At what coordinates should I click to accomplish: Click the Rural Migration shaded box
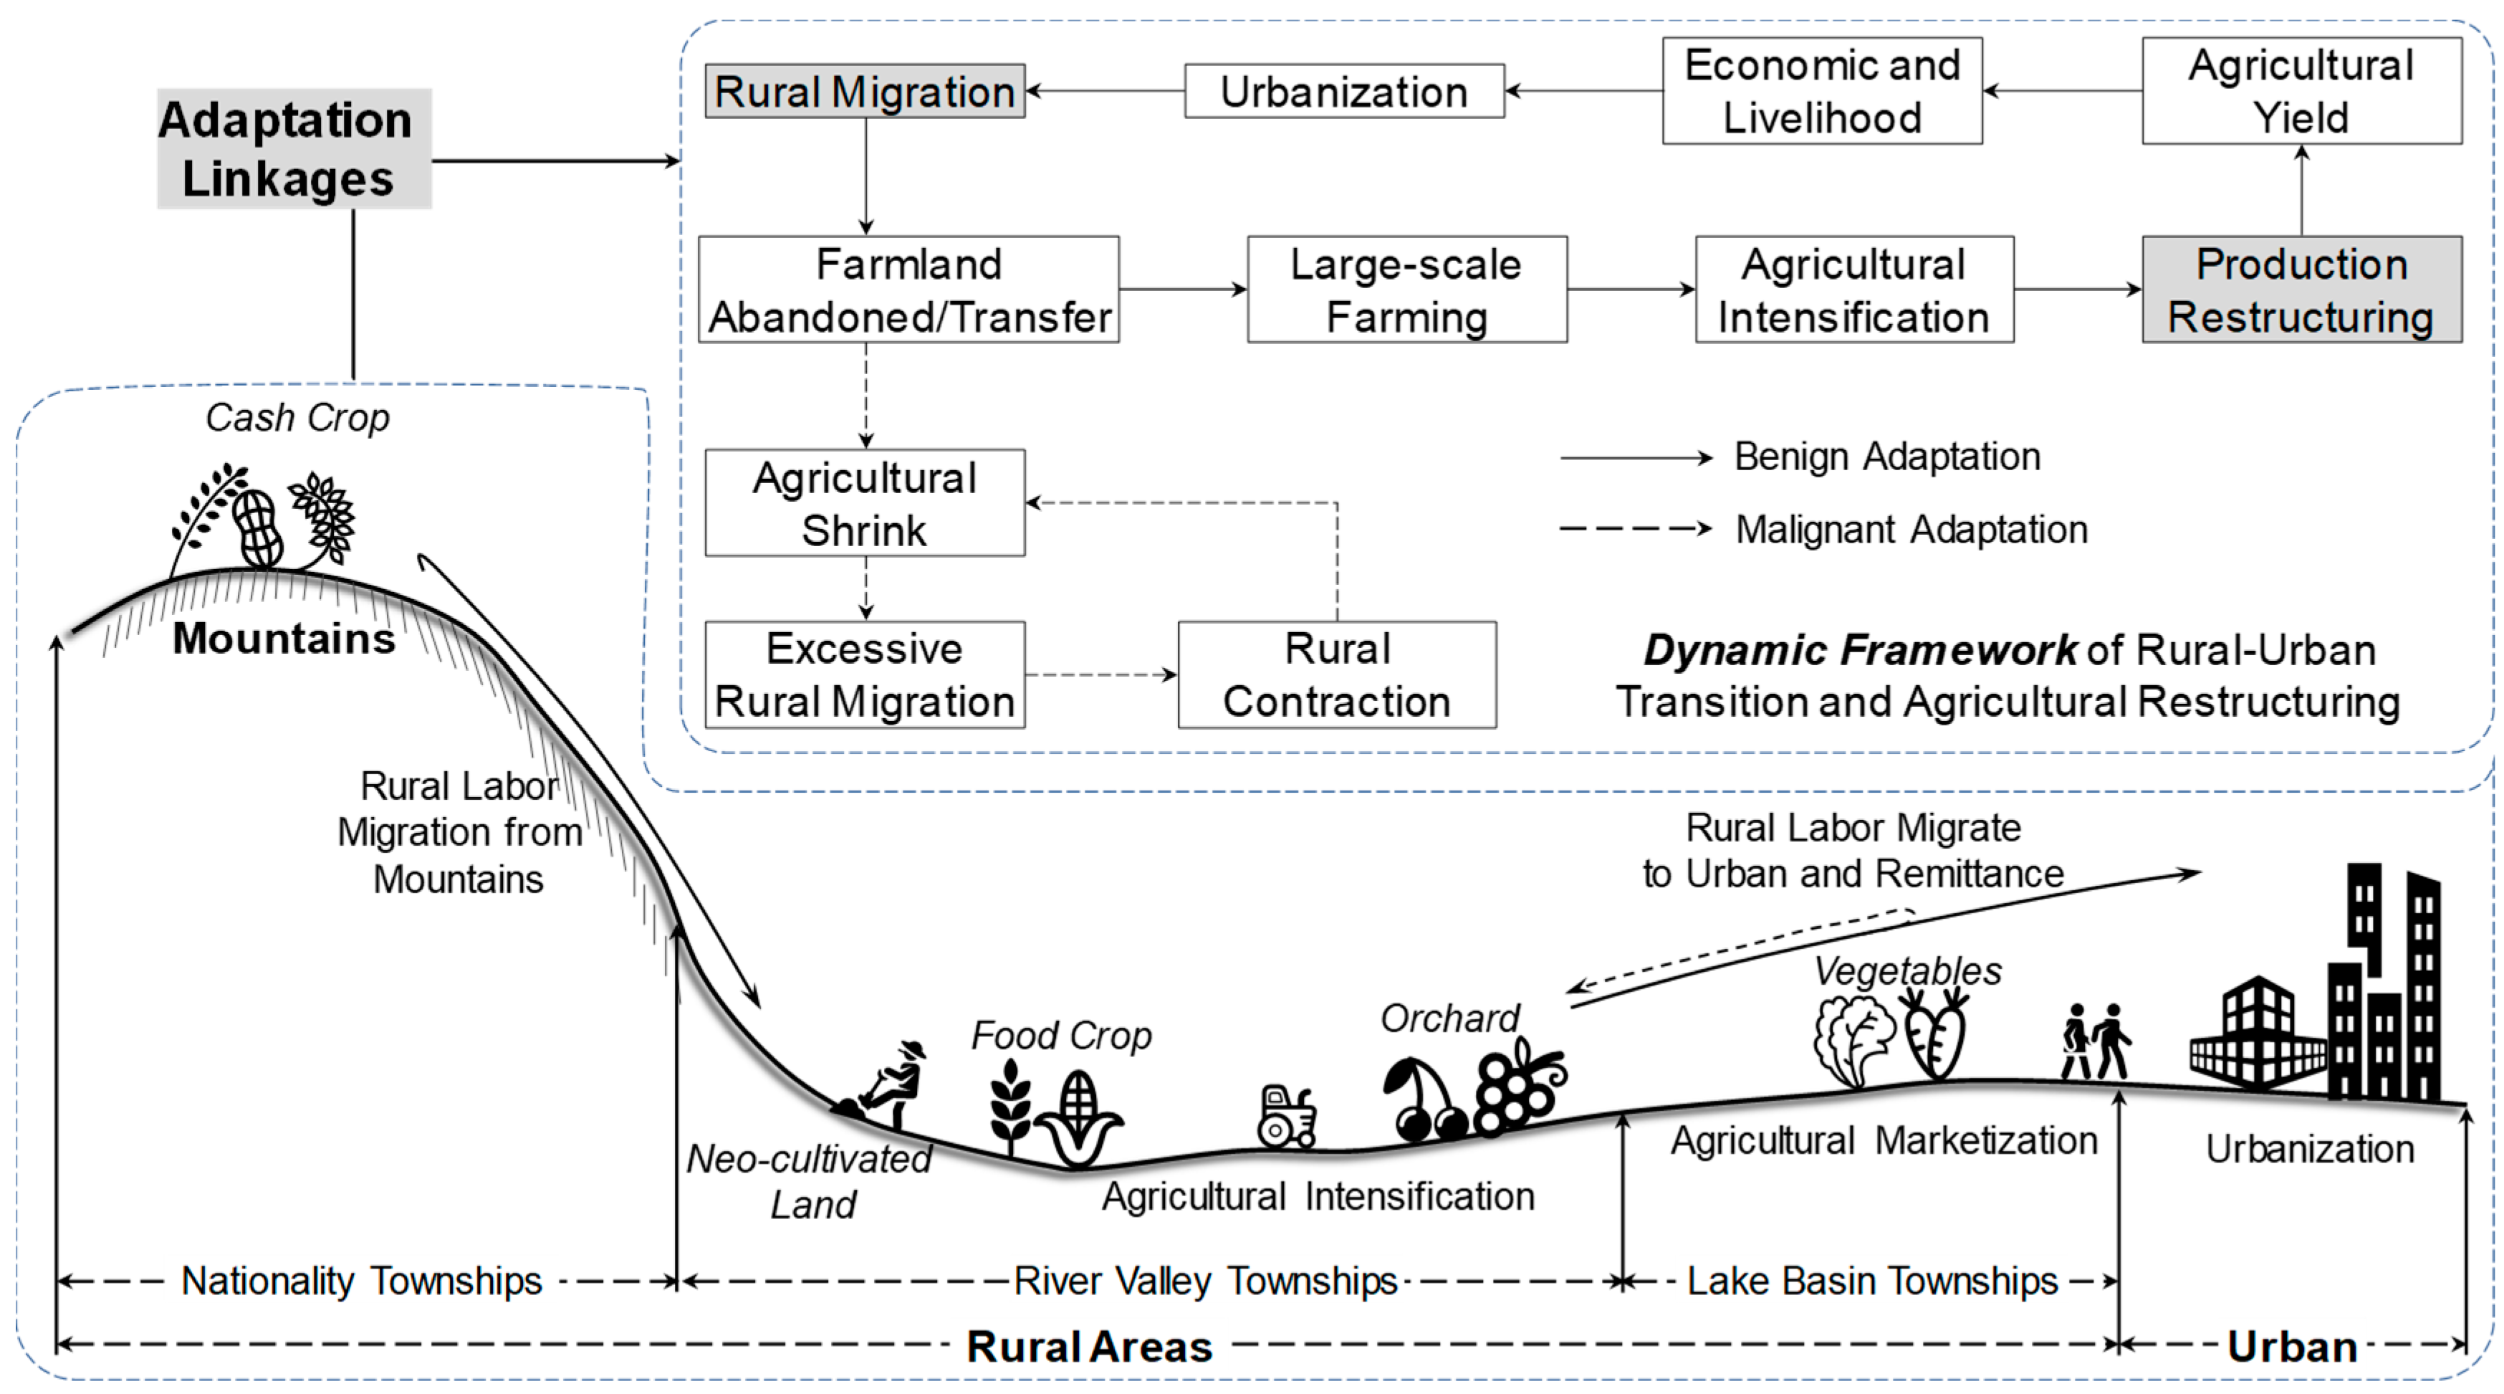pyautogui.click(x=864, y=91)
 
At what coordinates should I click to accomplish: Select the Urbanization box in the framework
pyautogui.click(x=1343, y=91)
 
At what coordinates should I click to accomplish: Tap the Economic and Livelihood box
pyautogui.click(x=1822, y=91)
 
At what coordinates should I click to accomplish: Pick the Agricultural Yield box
pyautogui.click(x=2301, y=91)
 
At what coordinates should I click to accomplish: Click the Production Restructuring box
pyautogui.click(x=2301, y=290)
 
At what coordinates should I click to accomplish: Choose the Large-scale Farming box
pyautogui.click(x=1406, y=290)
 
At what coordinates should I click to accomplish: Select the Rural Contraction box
pyautogui.click(x=1337, y=674)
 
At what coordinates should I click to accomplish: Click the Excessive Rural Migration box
pyautogui.click(x=864, y=674)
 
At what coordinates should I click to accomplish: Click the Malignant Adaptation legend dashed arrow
pyautogui.click(x=1635, y=529)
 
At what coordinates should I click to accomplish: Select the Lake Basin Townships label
pyautogui.click(x=1871, y=1281)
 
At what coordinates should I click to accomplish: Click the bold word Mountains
pyautogui.click(x=284, y=639)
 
